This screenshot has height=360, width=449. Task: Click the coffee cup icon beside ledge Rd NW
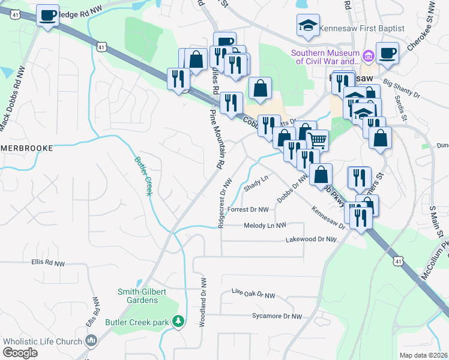[47, 15]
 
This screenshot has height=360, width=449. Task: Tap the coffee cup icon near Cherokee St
[387, 52]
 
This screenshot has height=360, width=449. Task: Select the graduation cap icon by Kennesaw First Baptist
[307, 25]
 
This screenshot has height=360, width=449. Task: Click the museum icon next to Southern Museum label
[369, 56]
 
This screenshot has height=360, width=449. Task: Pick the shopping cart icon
[318, 140]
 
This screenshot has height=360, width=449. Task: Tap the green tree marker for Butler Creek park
[178, 322]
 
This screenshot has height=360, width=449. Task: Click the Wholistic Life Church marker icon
[91, 341]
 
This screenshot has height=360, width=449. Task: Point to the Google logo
[20, 353]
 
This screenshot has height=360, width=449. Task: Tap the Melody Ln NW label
[265, 226]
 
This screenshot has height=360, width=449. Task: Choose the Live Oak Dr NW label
[253, 294]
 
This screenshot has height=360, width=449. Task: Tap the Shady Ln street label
[256, 184]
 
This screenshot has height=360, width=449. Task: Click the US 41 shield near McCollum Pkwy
[398, 261]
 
